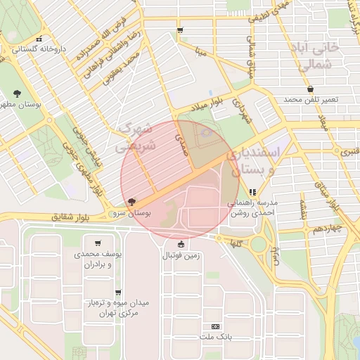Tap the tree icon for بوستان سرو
pyautogui.click(x=133, y=202)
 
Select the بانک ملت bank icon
pyautogui.click(x=215, y=326)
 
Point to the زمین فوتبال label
pyautogui.click(x=181, y=256)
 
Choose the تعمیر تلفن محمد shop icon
pyautogui.click(x=311, y=89)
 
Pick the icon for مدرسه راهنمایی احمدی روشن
pyautogui.click(x=252, y=191)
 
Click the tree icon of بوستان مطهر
pyautogui.click(x=17, y=93)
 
